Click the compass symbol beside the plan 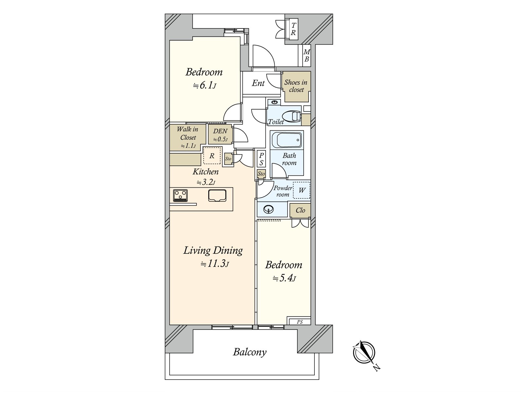coord(364,353)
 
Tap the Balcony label coord(250,352)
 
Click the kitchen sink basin coord(217,196)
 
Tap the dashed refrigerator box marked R coord(212,156)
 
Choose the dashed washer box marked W coord(302,190)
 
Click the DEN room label coord(220,131)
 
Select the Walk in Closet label coord(188,133)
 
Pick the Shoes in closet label coord(296,86)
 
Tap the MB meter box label coord(307,55)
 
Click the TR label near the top coord(293,29)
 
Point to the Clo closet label coord(300,210)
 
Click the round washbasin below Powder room coord(269,210)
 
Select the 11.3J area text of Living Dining coord(215,264)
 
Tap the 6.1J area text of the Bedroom coord(205,85)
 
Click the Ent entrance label coord(258,83)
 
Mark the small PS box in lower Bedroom coord(300,322)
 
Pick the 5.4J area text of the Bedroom coord(284,278)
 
